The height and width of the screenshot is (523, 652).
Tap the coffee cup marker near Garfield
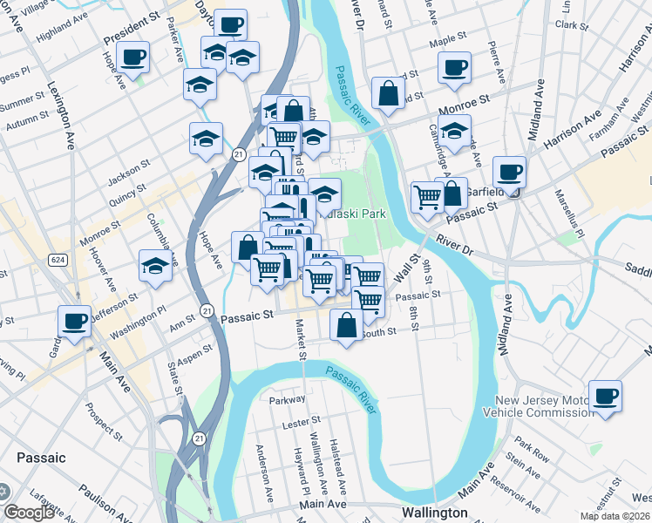coord(508,171)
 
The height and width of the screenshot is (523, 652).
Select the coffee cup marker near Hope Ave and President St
coord(133,58)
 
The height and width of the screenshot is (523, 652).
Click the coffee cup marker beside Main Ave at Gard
coord(74,320)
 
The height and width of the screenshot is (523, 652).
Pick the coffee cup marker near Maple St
coord(454,67)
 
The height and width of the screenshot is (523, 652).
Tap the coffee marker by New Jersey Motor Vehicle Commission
coord(605,395)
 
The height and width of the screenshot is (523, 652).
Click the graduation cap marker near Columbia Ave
coord(155,265)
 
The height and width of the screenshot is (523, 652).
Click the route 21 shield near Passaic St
coord(206,309)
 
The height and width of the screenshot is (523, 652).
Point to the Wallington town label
coord(434,513)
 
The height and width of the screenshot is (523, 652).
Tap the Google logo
coord(29,512)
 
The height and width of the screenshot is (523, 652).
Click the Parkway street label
coord(288,400)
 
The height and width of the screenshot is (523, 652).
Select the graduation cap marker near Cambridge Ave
coord(454,132)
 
